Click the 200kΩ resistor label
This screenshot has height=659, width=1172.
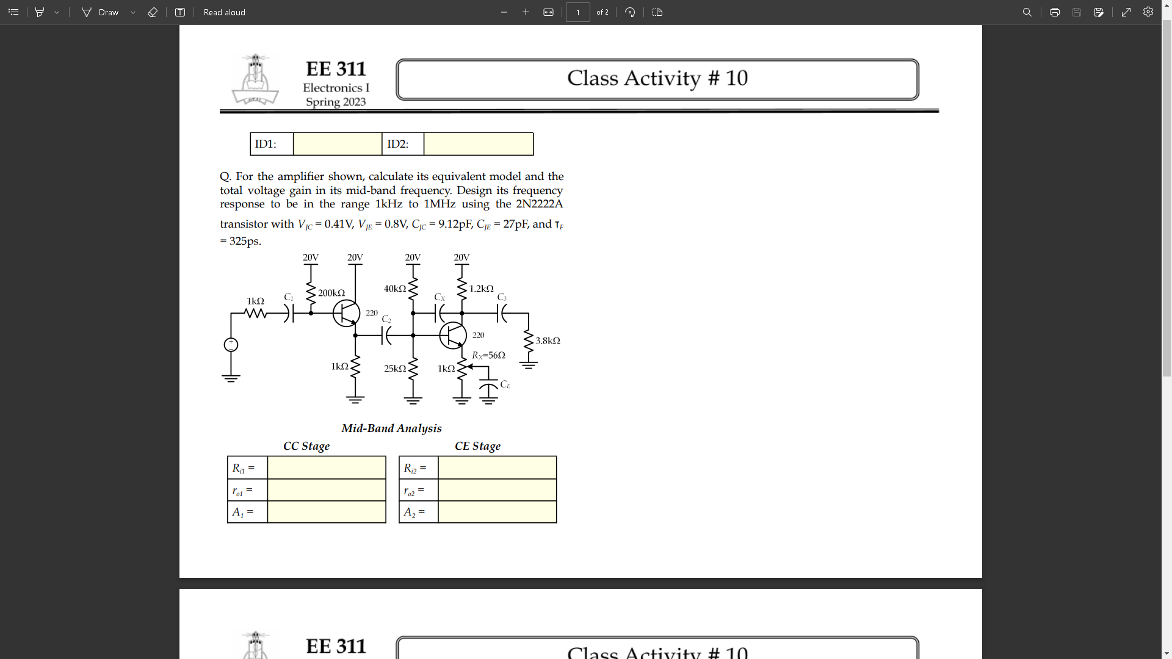click(331, 293)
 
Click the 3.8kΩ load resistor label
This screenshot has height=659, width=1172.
click(548, 341)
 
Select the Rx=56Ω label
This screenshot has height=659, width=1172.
click(488, 355)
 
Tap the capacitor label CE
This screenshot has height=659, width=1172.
click(505, 385)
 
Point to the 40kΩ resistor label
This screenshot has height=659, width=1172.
click(395, 289)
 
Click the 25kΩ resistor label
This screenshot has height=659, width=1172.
click(395, 369)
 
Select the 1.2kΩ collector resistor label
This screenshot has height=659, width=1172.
click(481, 289)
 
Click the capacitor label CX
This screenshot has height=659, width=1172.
click(440, 297)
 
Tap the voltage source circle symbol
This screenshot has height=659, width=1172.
click(231, 345)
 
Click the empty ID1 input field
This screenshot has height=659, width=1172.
click(338, 144)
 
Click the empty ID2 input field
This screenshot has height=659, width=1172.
click(479, 144)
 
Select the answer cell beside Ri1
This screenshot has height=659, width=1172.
click(327, 468)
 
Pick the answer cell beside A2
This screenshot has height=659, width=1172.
click(497, 512)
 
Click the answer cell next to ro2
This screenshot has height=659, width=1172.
click(497, 490)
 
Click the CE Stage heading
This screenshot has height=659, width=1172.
click(477, 446)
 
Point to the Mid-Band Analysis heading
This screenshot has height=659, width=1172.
click(391, 428)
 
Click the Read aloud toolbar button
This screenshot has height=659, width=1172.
click(224, 12)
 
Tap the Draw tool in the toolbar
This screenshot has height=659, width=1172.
click(101, 12)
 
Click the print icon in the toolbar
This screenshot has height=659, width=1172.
click(1054, 12)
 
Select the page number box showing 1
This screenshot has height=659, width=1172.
click(577, 12)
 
